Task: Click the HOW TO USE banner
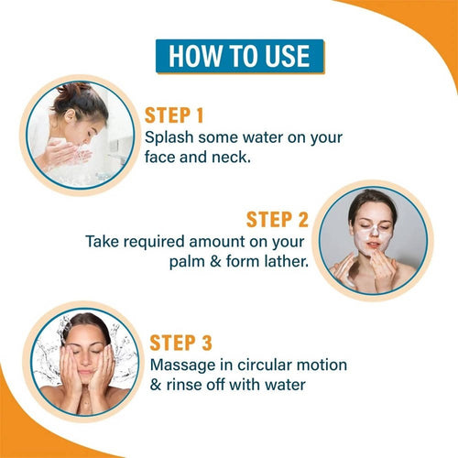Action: tap(240, 56)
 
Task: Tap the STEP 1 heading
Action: tap(174, 115)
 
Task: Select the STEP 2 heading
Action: tap(278, 220)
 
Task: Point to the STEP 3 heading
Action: tap(180, 343)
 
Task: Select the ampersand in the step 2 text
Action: tap(215, 262)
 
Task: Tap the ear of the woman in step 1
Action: tap(70, 116)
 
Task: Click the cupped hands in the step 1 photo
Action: tap(66, 154)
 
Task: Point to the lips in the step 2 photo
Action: tap(373, 245)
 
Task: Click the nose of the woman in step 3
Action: tap(86, 360)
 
